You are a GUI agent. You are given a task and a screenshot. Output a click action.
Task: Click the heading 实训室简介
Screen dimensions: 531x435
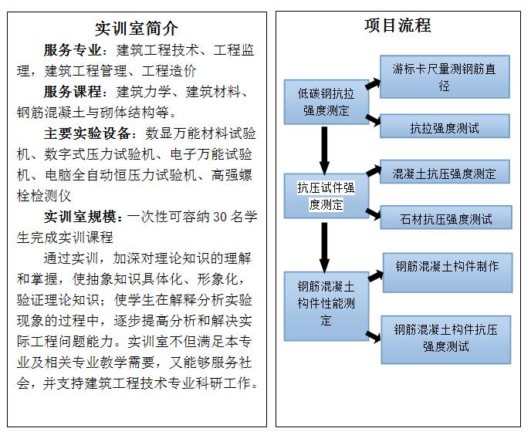click(x=136, y=29)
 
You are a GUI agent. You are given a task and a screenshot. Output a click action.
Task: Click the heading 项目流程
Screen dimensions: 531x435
click(x=397, y=25)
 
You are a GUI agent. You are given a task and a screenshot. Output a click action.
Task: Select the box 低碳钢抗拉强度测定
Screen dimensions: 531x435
click(x=326, y=102)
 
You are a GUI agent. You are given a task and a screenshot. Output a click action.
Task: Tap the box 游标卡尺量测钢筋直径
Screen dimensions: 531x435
click(x=445, y=77)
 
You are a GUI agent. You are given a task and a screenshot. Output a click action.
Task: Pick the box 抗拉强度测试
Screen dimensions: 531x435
click(x=445, y=126)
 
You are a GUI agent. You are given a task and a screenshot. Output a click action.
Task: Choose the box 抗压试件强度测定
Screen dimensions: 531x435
click(x=326, y=196)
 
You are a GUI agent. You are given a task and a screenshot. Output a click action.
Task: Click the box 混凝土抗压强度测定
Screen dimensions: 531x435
click(x=445, y=172)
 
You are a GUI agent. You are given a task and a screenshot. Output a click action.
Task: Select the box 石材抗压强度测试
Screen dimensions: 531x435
click(x=446, y=217)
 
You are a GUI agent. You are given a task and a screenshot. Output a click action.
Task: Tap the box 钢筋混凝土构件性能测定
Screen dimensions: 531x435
click(x=326, y=306)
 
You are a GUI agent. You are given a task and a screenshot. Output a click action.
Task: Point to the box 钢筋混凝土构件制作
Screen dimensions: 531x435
click(x=448, y=272)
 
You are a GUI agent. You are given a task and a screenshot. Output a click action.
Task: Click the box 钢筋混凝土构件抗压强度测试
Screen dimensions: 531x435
click(x=445, y=340)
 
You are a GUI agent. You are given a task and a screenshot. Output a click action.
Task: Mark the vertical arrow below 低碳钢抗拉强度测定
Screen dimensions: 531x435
click(x=324, y=150)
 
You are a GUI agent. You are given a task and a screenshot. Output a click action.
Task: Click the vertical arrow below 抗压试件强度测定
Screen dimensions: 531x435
click(x=324, y=248)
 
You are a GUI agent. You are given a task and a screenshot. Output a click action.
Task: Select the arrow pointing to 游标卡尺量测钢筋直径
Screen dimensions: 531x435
click(x=374, y=84)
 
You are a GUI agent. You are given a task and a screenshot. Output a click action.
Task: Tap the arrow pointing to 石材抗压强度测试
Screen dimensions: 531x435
click(x=374, y=214)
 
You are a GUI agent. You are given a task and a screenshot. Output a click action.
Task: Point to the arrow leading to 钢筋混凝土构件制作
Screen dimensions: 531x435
click(x=376, y=275)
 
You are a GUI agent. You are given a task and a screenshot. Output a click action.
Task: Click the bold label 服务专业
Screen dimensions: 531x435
click(x=73, y=50)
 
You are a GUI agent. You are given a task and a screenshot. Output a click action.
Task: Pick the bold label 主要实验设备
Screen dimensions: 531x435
click(x=87, y=133)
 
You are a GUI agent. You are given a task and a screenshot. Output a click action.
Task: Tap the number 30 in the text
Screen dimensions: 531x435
click(x=220, y=217)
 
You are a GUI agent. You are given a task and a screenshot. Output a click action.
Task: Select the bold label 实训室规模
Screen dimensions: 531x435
click(x=80, y=217)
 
